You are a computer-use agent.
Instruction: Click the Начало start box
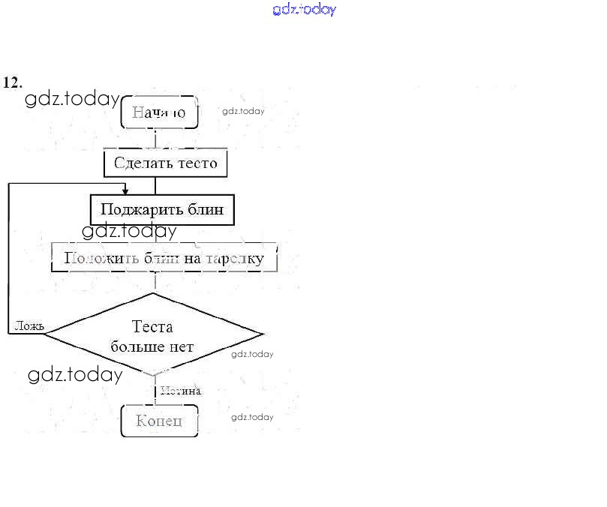point(159,112)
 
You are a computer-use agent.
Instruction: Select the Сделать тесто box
point(165,163)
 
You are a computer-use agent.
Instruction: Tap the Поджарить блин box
point(162,209)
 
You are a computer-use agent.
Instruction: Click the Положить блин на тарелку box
point(164,258)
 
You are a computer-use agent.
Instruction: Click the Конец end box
point(159,421)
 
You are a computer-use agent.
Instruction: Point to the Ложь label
point(29,326)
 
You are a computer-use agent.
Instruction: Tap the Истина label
point(180,390)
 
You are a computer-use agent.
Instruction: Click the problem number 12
point(13,82)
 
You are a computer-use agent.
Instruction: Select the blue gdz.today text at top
point(304,10)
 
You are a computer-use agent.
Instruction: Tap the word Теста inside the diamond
point(152,327)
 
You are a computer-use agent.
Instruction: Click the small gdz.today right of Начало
point(243,111)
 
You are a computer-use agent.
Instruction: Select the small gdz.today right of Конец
point(252,417)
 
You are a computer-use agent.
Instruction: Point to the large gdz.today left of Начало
point(72,100)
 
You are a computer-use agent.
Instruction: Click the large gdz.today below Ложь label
point(75,375)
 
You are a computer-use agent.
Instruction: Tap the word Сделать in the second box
point(139,163)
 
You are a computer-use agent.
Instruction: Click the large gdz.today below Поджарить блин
point(129,231)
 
